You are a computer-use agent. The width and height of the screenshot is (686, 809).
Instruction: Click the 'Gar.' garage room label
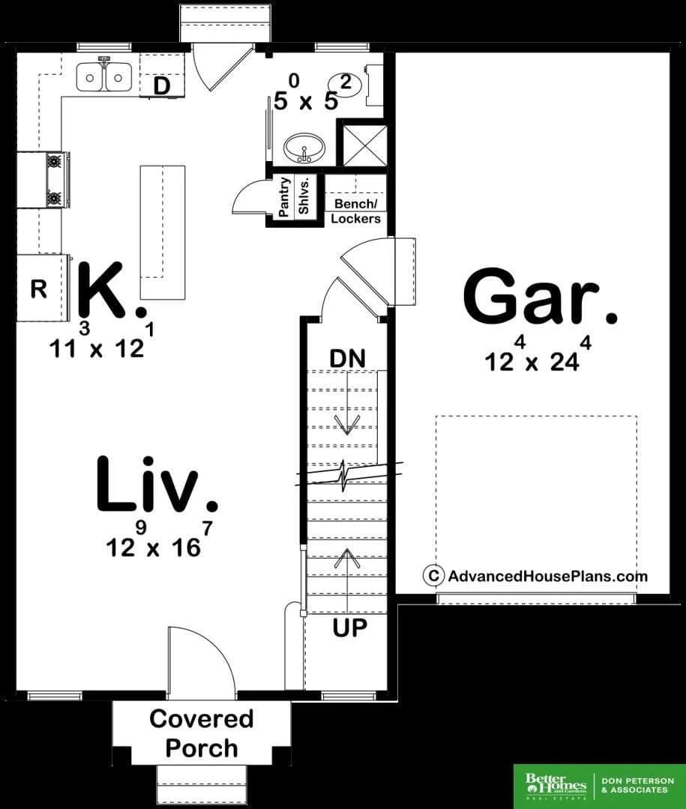click(x=540, y=296)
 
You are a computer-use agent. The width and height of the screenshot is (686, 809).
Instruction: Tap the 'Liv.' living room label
click(x=157, y=485)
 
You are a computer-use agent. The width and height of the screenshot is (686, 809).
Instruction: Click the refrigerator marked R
click(x=43, y=288)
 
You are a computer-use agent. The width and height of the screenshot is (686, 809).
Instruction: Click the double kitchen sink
click(x=103, y=76)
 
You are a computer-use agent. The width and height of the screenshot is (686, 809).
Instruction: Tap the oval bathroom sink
click(x=304, y=148)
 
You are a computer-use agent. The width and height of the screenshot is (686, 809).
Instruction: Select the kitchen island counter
click(x=163, y=231)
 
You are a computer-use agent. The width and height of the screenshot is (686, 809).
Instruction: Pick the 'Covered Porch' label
click(x=202, y=733)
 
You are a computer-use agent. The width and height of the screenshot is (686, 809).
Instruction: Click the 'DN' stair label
click(x=347, y=358)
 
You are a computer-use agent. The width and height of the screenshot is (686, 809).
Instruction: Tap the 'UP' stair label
click(x=349, y=628)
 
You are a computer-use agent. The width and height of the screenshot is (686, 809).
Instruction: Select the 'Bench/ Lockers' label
click(x=356, y=210)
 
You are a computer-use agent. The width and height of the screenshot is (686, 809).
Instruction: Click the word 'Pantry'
click(x=283, y=197)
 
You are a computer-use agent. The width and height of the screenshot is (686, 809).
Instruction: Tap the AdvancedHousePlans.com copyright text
click(x=535, y=576)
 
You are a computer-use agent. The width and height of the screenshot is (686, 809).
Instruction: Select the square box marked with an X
click(x=364, y=145)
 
